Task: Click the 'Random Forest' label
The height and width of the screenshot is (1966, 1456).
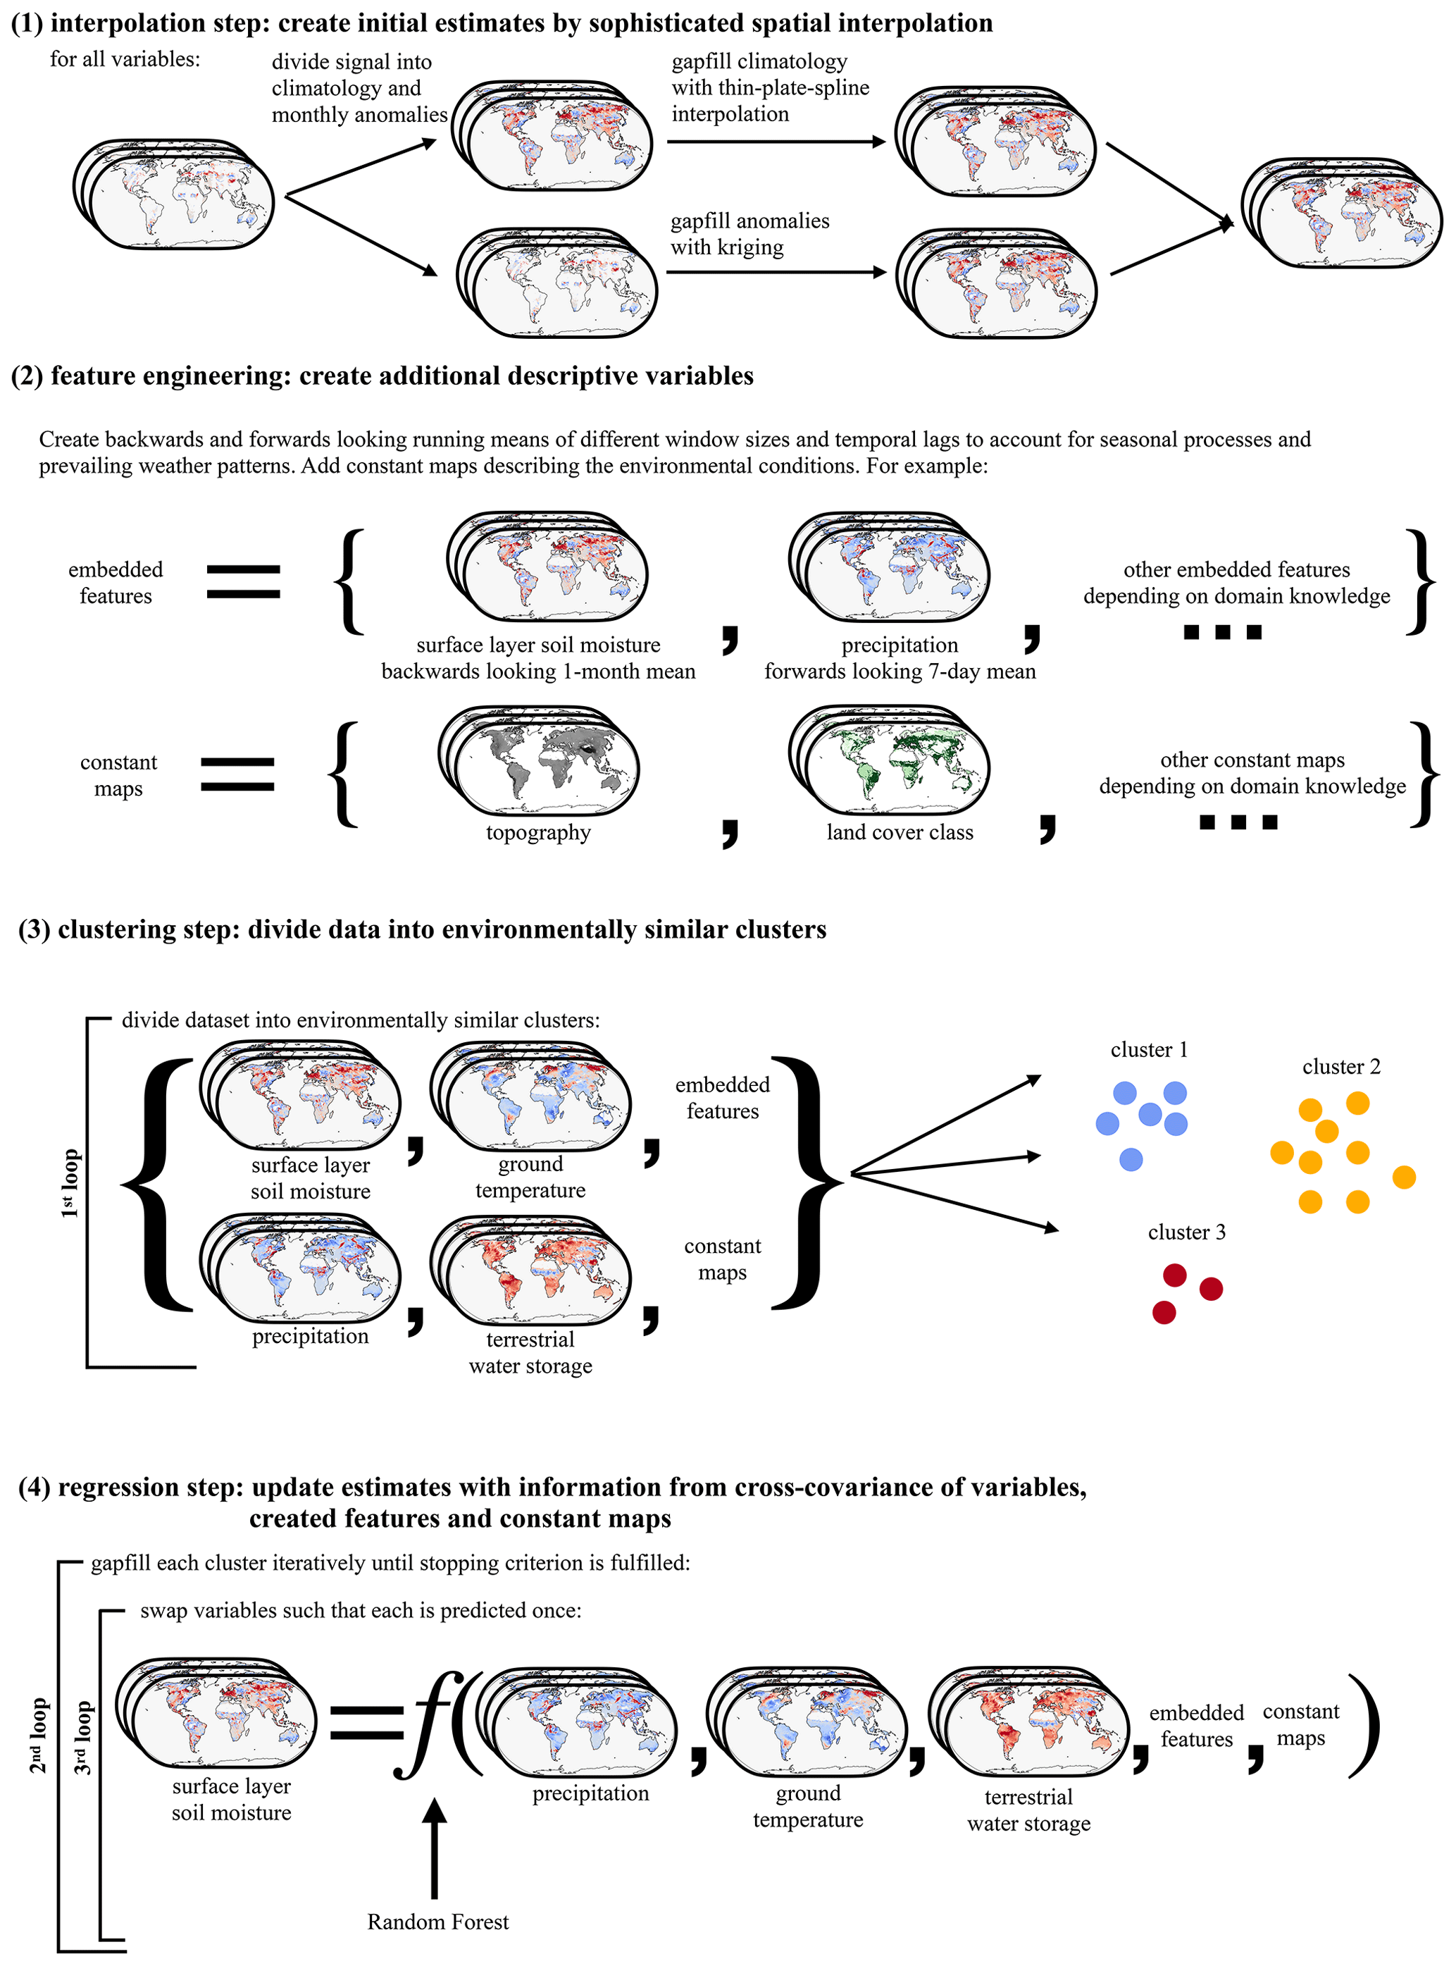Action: (437, 1922)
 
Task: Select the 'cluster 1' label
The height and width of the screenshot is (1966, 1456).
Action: (1148, 1050)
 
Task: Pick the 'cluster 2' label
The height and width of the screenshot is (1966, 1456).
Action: (1340, 1067)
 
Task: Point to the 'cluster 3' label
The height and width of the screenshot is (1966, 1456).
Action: (1186, 1232)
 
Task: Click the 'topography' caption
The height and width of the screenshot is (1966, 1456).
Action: (537, 832)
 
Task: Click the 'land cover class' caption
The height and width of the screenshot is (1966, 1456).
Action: (899, 832)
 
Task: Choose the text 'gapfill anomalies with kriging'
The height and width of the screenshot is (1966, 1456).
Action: (749, 234)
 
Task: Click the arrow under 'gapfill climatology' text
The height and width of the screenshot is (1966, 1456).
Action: (776, 142)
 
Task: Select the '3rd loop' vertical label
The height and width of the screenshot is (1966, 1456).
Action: (81, 1737)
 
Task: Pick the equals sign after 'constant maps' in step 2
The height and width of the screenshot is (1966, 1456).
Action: (237, 774)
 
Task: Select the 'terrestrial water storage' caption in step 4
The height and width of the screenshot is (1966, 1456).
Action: (1028, 1810)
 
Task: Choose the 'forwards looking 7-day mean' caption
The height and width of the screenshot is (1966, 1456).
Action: (899, 672)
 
